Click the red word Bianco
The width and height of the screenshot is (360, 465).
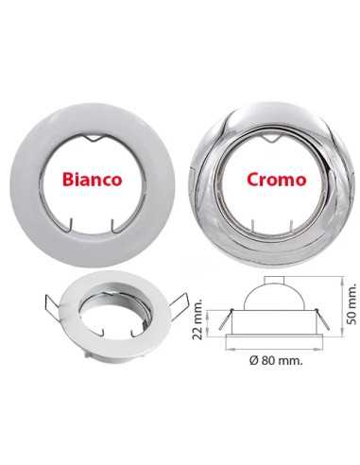(x=92, y=180)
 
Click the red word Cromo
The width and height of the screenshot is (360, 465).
(x=277, y=180)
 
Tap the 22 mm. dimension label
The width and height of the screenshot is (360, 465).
(x=197, y=318)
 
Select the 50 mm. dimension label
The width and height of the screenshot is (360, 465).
(x=351, y=304)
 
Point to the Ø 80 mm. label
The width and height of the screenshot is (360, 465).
(x=276, y=360)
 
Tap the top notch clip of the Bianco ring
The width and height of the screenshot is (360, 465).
(x=94, y=138)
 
